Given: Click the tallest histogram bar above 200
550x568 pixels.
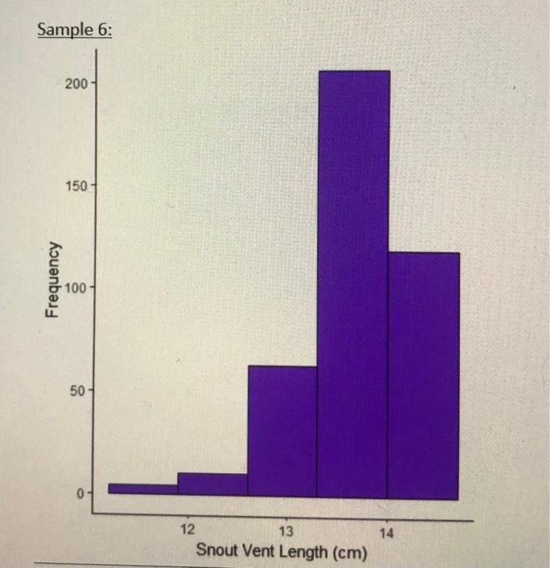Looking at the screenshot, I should [x=353, y=284].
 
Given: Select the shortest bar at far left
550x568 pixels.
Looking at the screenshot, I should [x=143, y=488].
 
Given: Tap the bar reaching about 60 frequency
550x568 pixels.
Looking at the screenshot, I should [x=282, y=431].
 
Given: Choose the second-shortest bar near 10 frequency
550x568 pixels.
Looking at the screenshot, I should [x=213, y=484].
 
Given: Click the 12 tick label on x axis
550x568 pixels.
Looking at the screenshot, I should [x=187, y=529].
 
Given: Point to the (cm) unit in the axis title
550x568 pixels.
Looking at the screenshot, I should [x=349, y=553].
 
